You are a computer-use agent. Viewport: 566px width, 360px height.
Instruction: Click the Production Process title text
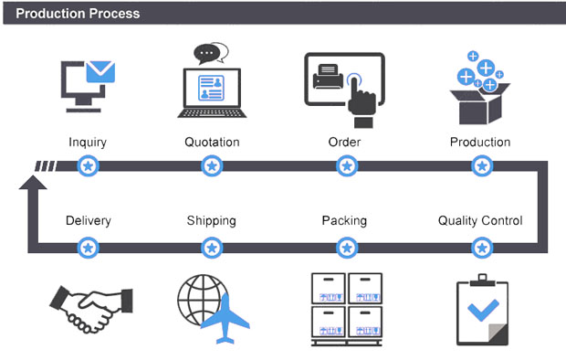78,14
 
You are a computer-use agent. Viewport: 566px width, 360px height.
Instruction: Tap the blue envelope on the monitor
100,71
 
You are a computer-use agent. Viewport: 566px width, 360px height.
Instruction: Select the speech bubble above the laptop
211,54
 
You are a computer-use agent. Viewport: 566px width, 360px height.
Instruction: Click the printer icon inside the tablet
328,76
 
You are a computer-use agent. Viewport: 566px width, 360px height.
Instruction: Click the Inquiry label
88,143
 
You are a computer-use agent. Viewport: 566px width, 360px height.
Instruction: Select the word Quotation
212,142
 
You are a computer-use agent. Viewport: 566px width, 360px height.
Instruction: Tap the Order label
344,142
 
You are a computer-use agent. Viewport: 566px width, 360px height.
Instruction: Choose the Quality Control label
480,220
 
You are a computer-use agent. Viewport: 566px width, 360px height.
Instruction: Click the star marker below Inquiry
88,166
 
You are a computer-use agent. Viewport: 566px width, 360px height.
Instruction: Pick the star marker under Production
482,166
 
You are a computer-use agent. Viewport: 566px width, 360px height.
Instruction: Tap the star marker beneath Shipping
212,248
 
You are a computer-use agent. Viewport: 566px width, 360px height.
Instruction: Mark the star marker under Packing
347,248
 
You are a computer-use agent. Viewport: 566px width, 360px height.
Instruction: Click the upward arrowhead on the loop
33,183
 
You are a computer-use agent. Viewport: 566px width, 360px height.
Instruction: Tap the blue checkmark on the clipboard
483,310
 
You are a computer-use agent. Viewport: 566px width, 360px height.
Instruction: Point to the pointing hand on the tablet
361,101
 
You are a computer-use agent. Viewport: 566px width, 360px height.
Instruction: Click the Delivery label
89,220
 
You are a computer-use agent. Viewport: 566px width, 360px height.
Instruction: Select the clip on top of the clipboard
482,281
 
